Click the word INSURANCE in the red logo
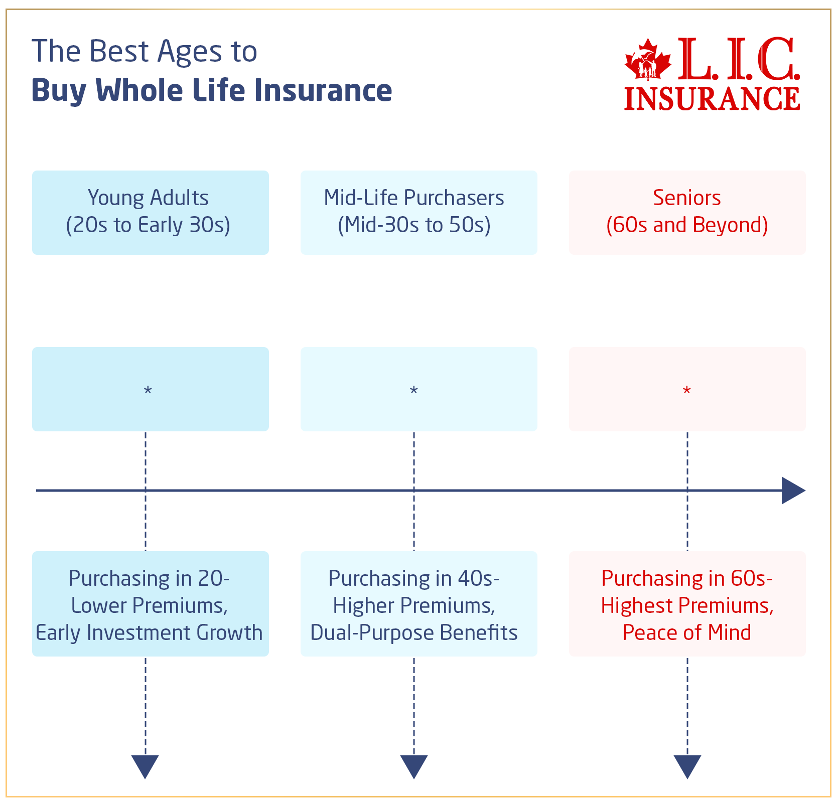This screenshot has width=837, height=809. tap(712, 99)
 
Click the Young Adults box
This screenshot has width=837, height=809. tap(150, 212)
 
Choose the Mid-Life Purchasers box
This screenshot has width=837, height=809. tap(418, 212)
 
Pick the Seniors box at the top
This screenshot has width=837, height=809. tap(687, 212)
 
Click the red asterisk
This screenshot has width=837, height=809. tap(686, 391)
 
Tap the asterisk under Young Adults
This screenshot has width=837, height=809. tap(148, 391)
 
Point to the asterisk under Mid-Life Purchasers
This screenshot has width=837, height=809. tap(413, 391)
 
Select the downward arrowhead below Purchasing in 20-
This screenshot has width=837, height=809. tap(145, 765)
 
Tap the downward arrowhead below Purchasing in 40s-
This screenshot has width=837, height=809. tap(413, 765)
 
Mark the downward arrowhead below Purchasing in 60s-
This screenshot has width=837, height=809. tap(687, 765)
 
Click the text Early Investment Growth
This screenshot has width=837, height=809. tap(149, 633)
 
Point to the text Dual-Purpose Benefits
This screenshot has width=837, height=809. tap(413, 633)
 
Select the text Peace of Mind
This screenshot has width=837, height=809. tap(686, 633)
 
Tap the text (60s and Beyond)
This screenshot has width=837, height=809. tap(686, 225)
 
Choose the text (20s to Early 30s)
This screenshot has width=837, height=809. tap(148, 225)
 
